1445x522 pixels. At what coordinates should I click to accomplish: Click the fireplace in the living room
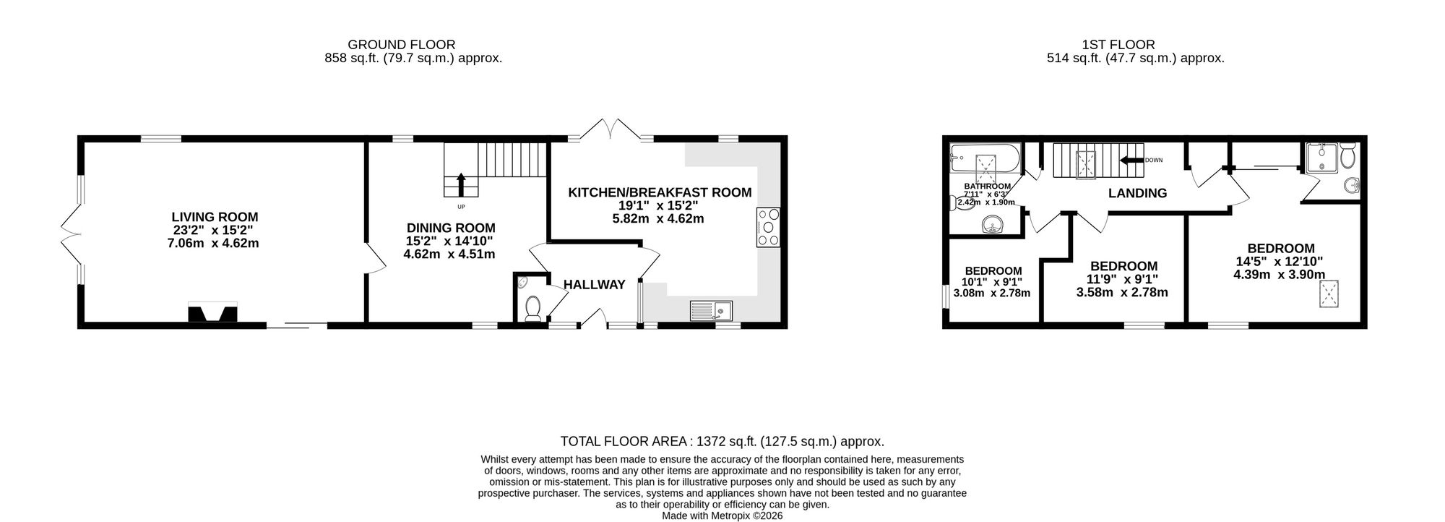coord(212,313)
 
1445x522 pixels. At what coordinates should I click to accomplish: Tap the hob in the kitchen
coord(768,228)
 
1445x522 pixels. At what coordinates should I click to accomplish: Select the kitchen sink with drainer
coord(711,310)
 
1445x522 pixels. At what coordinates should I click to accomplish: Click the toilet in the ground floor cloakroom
coord(534,307)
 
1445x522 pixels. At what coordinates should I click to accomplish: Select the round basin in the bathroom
coord(994,227)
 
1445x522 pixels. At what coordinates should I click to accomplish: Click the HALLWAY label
coord(595,285)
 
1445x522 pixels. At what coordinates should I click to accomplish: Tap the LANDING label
coord(1138,193)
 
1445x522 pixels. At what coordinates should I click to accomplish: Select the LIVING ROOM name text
coord(215,217)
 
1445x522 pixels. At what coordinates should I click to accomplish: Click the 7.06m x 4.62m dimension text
coord(212,244)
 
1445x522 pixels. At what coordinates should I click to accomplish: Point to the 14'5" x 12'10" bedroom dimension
coord(1280,262)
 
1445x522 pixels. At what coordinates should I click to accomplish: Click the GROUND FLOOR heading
coord(402,45)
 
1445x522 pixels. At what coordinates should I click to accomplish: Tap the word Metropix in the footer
coord(730,516)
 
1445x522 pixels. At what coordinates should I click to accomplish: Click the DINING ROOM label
coord(451,228)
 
